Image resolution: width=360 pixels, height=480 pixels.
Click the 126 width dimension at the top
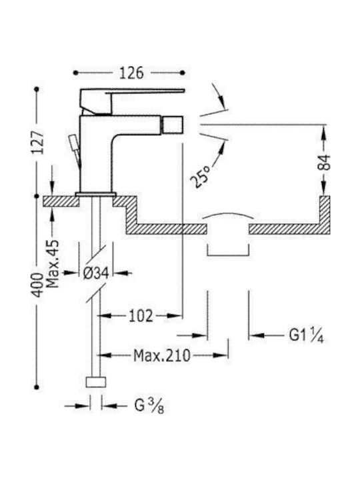(131, 73)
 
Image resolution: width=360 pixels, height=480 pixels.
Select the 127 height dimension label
(38, 143)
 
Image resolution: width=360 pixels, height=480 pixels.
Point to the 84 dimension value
(324, 162)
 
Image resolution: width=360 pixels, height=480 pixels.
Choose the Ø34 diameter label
(96, 273)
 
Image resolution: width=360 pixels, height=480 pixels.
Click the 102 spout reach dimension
(141, 316)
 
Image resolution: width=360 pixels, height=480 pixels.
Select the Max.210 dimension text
(162, 355)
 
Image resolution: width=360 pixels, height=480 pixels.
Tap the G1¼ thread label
(306, 335)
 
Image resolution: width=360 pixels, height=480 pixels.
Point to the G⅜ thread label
(149, 406)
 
